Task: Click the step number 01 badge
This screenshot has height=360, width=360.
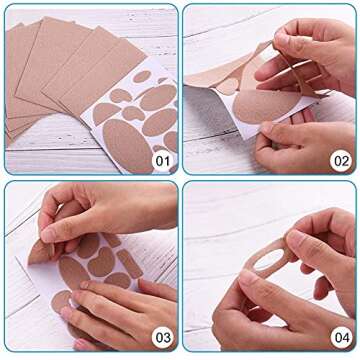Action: coord(161,159)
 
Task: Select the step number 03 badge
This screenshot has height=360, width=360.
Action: coord(161,339)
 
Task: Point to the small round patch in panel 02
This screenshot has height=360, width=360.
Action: coord(229,86)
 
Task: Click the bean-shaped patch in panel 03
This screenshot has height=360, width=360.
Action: coord(100,261)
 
